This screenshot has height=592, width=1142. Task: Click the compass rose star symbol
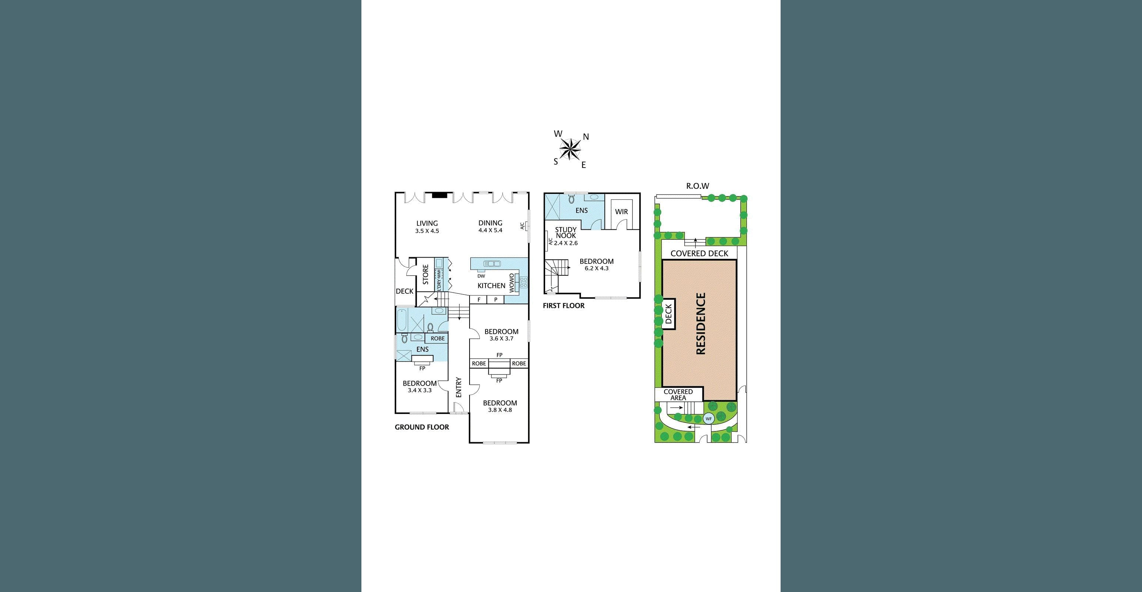click(x=570, y=148)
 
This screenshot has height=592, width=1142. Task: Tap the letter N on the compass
click(x=586, y=137)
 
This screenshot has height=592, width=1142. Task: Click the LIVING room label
click(x=427, y=223)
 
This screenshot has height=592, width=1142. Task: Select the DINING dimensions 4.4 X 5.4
click(x=490, y=231)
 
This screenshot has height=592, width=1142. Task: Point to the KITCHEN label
click(x=491, y=286)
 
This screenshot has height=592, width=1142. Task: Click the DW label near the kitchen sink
click(x=481, y=276)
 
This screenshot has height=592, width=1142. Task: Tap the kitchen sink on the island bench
click(x=492, y=264)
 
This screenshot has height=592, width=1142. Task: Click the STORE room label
click(x=425, y=275)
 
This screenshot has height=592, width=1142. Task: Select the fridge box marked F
click(x=479, y=300)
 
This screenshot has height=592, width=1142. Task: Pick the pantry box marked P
click(x=495, y=300)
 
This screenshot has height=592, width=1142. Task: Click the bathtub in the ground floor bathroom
click(x=402, y=320)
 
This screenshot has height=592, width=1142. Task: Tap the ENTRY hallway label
click(x=459, y=387)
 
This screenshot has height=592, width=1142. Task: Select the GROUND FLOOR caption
click(x=422, y=427)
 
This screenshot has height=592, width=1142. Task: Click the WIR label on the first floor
click(x=621, y=212)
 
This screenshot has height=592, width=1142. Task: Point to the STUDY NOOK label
click(x=566, y=233)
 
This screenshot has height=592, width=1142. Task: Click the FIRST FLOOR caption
click(x=564, y=306)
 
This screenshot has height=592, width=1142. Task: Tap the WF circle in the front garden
click(x=709, y=419)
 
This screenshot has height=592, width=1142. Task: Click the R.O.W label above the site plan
click(x=698, y=186)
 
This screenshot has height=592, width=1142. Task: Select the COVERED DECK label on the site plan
click(x=699, y=253)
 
